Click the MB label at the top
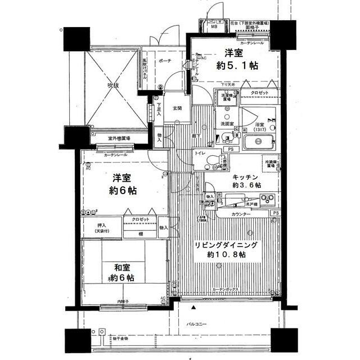[x=214, y=26]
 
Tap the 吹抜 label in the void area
[x=114, y=85]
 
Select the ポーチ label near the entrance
[x=165, y=61]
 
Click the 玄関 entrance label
[x=177, y=109]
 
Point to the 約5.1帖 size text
[x=238, y=65]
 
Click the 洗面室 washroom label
[x=227, y=123]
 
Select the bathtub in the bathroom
[x=260, y=143]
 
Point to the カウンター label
[x=241, y=214]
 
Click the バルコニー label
[x=197, y=325]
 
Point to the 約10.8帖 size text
[x=226, y=255]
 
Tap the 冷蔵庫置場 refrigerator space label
[x=273, y=164]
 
